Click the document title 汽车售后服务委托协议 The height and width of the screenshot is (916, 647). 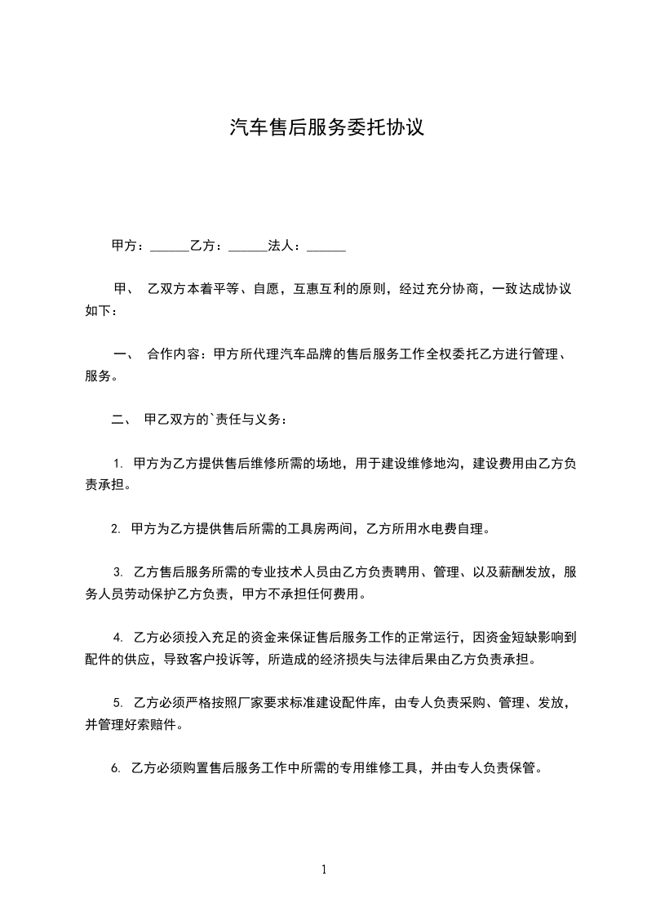point(326,127)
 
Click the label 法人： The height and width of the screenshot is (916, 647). point(286,245)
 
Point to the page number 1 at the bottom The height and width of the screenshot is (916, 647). point(324,869)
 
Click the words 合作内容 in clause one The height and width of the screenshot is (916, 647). point(173,355)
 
